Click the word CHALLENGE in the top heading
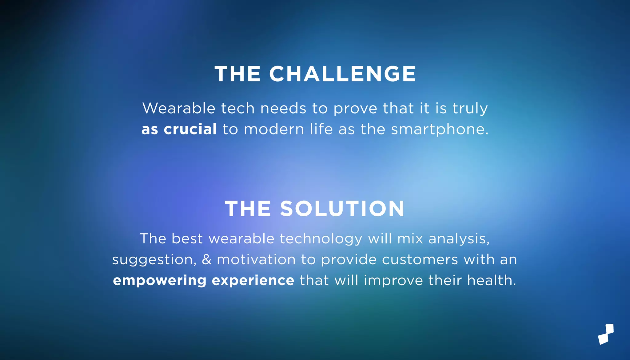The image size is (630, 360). (x=342, y=74)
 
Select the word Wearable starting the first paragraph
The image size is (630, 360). (x=179, y=108)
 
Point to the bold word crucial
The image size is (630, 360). (x=190, y=129)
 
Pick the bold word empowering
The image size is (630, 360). (x=160, y=281)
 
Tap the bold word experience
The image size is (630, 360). (x=253, y=280)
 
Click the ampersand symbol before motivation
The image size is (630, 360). (x=207, y=259)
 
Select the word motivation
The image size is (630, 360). (x=256, y=259)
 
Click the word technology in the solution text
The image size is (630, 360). (x=321, y=239)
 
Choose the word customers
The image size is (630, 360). (x=420, y=259)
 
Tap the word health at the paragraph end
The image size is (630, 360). (x=491, y=280)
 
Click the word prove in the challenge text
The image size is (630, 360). (x=355, y=109)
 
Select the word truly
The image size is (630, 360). (x=470, y=109)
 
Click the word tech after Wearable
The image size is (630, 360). (x=238, y=108)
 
